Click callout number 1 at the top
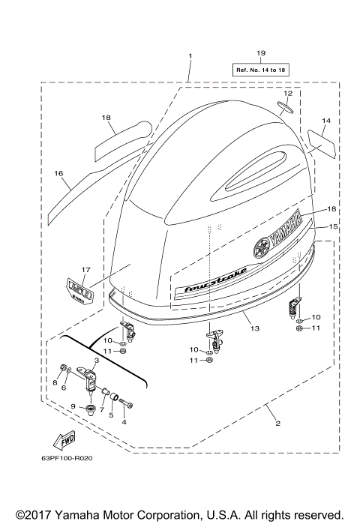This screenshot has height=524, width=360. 190,56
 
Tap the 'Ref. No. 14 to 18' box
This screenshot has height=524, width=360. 261,69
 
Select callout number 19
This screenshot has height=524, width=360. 261,52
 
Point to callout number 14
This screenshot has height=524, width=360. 326,121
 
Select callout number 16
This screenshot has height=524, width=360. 58,173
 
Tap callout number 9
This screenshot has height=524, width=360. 73,406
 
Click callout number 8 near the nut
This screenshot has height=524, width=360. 55,382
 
